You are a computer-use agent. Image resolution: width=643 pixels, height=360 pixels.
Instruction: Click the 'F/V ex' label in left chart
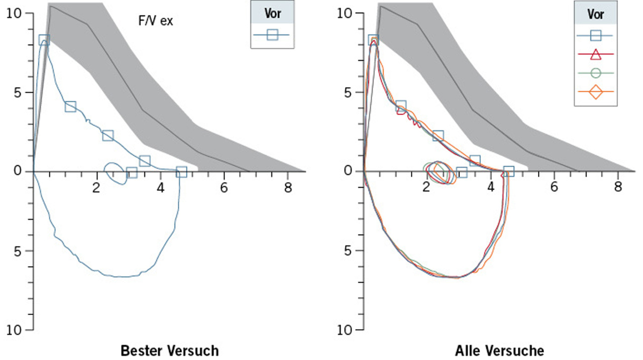[x=156, y=22]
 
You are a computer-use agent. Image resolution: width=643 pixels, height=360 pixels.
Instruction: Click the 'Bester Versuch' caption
[x=170, y=350]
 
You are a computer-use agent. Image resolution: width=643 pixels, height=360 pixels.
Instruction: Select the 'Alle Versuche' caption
[x=499, y=350]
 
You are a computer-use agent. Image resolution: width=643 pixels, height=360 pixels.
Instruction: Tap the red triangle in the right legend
[x=595, y=54]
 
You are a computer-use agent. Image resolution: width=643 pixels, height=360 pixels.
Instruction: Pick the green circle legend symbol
[x=595, y=73]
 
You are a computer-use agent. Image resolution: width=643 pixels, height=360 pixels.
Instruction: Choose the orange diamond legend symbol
[x=595, y=92]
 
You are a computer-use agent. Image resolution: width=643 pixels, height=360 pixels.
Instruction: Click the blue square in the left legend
[x=272, y=35]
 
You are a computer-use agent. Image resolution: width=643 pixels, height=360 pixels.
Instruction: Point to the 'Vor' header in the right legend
[x=595, y=14]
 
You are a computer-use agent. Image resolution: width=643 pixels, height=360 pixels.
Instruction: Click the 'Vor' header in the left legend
[x=272, y=13]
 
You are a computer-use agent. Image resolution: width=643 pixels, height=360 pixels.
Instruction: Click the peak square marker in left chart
[x=44, y=40]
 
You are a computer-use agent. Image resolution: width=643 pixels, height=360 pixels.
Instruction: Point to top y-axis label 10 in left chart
[x=15, y=13]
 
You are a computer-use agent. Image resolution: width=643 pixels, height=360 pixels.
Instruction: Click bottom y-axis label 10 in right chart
[x=345, y=330]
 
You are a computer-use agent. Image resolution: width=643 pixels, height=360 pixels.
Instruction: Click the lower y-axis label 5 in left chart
[x=19, y=251]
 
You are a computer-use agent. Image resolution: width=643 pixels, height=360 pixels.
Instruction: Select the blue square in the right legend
[x=595, y=35]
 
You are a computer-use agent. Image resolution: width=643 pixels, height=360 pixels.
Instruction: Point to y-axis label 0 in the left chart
[x=19, y=172]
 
